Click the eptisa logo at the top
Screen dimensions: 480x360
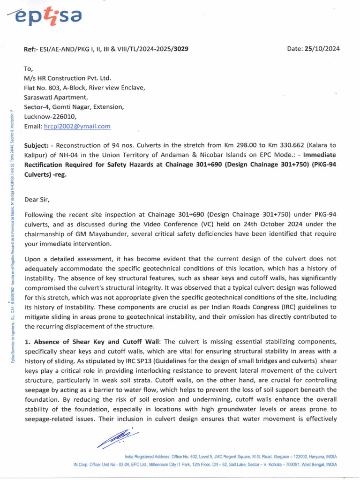[47, 17]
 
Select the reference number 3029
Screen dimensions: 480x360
[181, 49]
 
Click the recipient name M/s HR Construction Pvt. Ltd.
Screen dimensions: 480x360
[67, 78]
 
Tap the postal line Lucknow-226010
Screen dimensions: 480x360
[49, 117]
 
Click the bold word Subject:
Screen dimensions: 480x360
[37, 146]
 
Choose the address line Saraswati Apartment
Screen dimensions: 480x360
[56, 97]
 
